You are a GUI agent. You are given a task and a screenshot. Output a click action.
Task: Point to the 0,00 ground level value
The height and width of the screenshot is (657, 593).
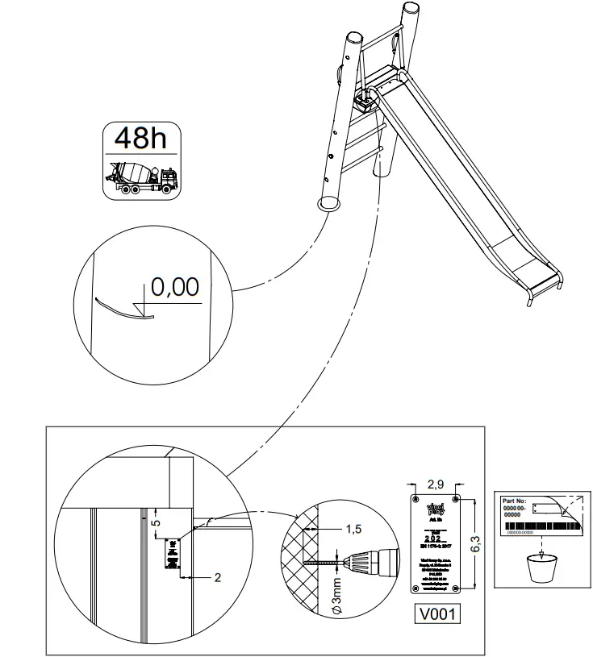[175, 287]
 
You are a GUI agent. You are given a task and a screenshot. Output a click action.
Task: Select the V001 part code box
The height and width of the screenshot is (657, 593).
[438, 614]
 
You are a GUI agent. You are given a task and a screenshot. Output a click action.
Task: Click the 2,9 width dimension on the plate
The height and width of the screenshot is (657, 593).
[436, 485]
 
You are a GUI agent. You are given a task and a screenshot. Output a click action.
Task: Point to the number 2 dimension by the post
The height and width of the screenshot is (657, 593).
[217, 578]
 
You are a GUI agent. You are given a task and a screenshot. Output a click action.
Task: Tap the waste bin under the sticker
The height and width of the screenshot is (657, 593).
[541, 568]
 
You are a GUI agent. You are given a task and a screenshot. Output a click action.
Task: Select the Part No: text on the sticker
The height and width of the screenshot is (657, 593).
[517, 501]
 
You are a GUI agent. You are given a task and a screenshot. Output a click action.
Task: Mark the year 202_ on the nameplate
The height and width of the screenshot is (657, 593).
[435, 538]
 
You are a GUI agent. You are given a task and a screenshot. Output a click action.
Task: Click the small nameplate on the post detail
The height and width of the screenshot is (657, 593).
[173, 555]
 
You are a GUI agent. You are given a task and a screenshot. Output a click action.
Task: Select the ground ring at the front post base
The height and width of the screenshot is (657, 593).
[328, 205]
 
